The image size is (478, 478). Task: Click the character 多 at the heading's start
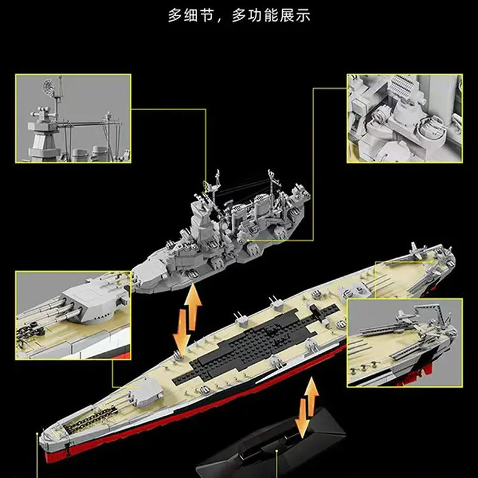tap(175, 16)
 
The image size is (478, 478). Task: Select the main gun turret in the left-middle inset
tap(91, 301)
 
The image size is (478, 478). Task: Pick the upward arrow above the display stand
tap(311, 396)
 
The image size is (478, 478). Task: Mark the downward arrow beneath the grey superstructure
tap(182, 332)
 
